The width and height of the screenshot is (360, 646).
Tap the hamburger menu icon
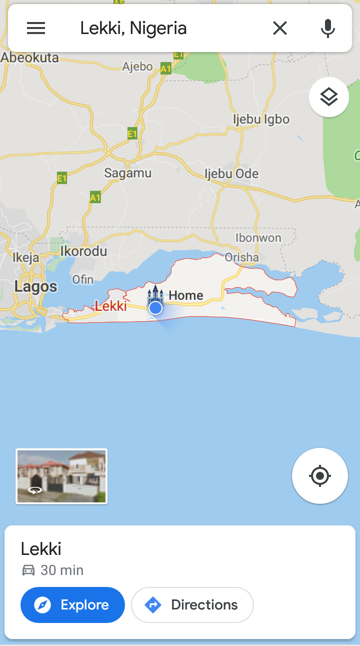coord(36,29)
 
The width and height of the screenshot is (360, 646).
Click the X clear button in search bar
coord(280,29)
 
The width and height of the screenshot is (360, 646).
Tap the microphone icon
coord(327,29)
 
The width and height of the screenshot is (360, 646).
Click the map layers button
coord(328,97)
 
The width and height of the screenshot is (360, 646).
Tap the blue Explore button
coord(72,605)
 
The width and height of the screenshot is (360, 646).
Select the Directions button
coord(192,605)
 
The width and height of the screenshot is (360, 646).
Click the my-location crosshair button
coord(320,476)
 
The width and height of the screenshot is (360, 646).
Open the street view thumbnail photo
coord(61,476)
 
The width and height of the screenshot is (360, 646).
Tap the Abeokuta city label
coord(30,58)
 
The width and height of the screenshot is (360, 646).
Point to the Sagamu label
coord(127,173)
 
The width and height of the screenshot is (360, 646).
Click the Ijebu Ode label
coord(231,174)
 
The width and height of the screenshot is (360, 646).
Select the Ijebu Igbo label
coord(261,119)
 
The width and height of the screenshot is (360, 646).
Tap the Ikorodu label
coord(83,251)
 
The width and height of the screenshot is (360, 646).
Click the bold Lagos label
coord(35,287)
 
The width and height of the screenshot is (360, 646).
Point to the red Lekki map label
coord(110,306)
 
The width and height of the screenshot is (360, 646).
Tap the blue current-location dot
coord(155,308)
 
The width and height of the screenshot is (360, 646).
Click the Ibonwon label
coord(258,238)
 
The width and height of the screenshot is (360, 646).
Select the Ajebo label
coord(137,67)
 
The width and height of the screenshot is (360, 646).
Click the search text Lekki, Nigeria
coord(133,29)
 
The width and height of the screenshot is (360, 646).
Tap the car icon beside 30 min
coord(28,570)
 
